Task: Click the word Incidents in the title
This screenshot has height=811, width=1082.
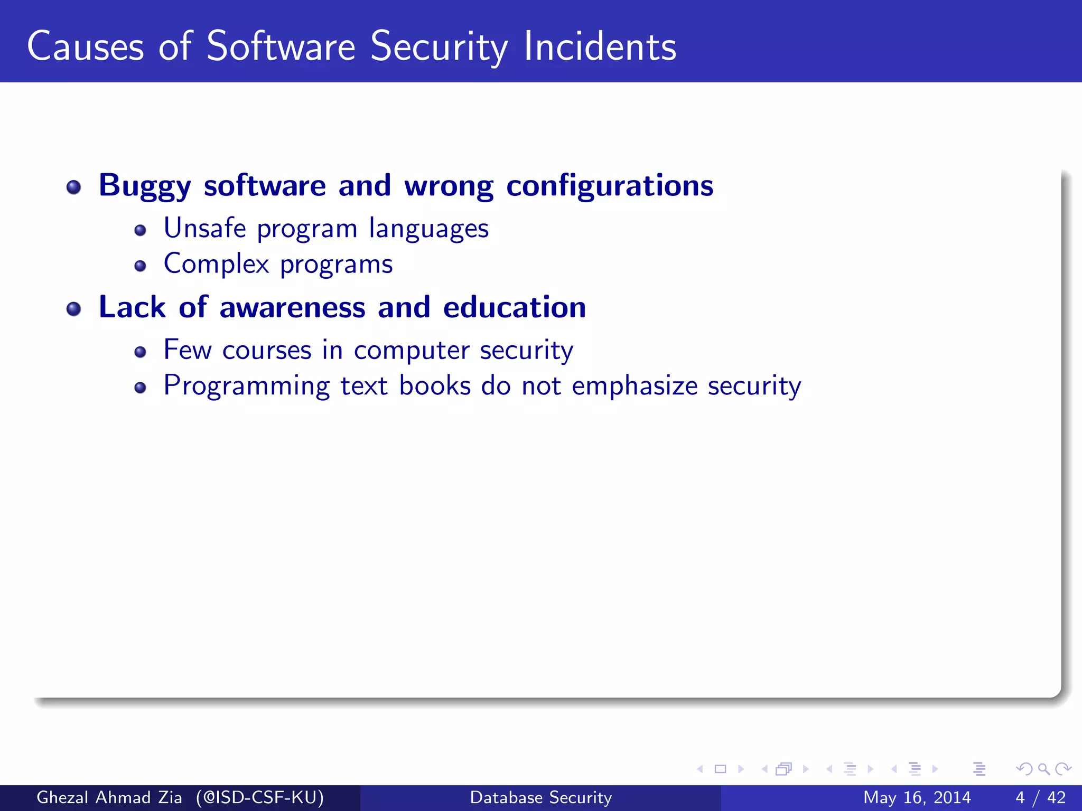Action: coord(600,47)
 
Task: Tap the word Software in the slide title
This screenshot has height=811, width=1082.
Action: coord(281,47)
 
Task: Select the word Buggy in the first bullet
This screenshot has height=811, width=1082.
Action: coord(144,186)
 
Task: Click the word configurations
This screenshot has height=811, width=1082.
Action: coord(610,186)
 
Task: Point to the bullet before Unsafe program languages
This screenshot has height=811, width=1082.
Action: coord(140,230)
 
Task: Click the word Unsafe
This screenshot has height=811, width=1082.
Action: coord(204,228)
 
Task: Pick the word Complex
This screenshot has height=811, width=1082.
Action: coord(216,263)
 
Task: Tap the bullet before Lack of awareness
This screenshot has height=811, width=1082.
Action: coord(74,309)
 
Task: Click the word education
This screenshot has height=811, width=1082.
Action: coord(514,307)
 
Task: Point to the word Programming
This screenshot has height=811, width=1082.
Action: coord(246,386)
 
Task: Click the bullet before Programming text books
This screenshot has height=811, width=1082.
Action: coord(140,388)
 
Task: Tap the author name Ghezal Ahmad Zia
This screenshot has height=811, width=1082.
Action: coord(109,797)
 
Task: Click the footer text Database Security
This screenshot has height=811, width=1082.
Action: coord(540,797)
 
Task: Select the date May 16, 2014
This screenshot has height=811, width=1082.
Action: coord(917,797)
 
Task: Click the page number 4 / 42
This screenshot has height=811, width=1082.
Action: coord(1040,797)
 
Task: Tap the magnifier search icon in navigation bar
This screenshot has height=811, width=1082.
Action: coord(1043,769)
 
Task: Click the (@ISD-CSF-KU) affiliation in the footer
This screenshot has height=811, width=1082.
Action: coord(259,797)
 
